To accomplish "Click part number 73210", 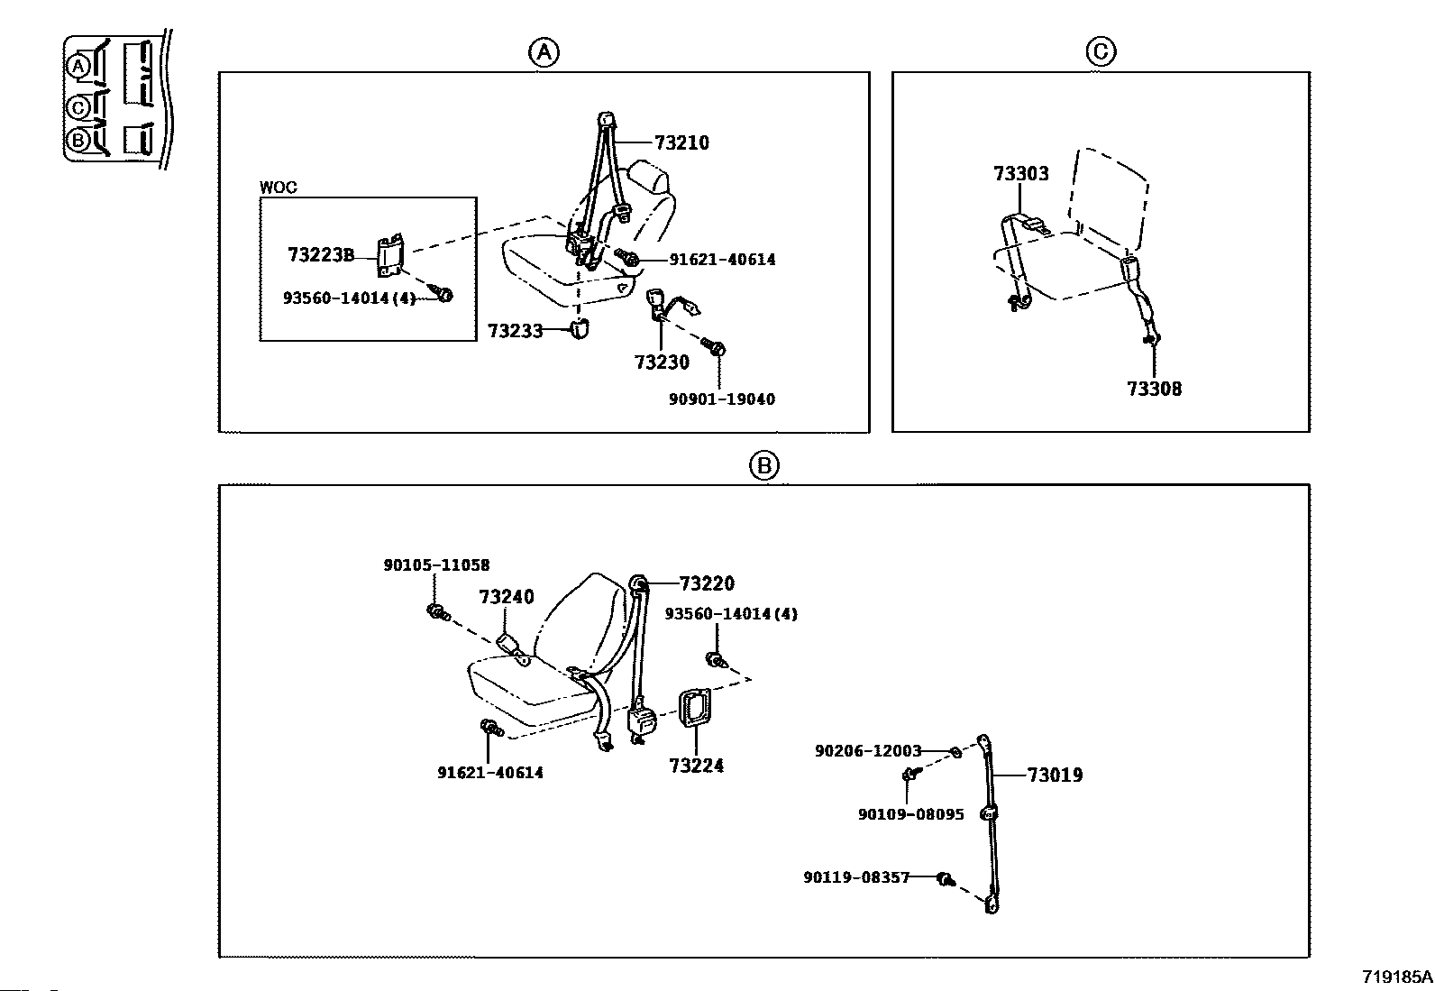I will (x=681, y=142).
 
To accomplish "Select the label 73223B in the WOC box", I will (x=321, y=255).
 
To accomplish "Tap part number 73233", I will (x=515, y=331).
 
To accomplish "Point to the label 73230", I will (x=662, y=362).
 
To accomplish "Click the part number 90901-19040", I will (x=721, y=399).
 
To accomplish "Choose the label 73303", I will (x=1021, y=173).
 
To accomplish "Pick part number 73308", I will (x=1154, y=389).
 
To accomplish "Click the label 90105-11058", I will (x=436, y=565).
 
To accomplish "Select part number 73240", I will (x=507, y=597).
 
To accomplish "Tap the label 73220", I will (x=707, y=583).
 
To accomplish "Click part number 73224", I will (x=696, y=766).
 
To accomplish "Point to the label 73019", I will (x=1055, y=775).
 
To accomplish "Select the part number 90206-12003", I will (x=868, y=750).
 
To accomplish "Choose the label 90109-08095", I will (x=910, y=814).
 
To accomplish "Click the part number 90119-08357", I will (x=856, y=876).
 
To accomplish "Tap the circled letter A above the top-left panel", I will (x=544, y=52).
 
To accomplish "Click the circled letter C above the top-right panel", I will (x=1101, y=52).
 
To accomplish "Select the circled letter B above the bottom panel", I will (x=763, y=465).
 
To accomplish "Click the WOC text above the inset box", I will (x=278, y=188).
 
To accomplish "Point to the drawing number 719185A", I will (x=1396, y=977).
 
